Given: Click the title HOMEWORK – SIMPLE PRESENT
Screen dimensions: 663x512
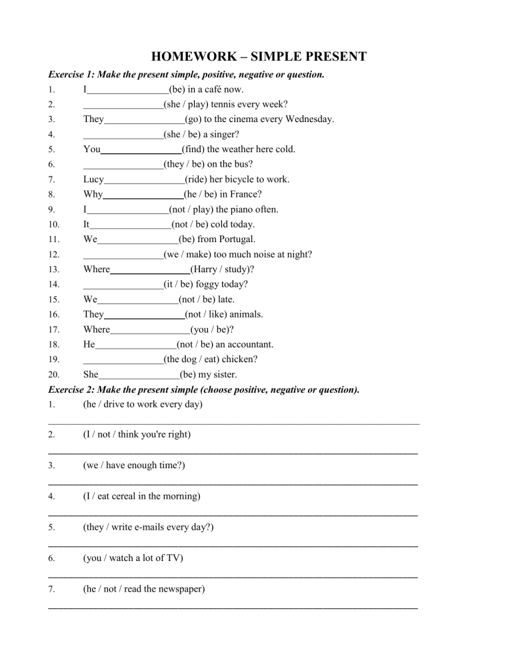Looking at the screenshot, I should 259,57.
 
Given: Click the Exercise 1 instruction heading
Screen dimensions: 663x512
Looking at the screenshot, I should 186,75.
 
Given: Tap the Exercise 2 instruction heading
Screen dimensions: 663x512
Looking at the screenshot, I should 204,390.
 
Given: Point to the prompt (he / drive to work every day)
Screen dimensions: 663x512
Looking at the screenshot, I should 143,404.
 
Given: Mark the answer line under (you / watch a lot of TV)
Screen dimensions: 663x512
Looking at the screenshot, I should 233,576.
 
